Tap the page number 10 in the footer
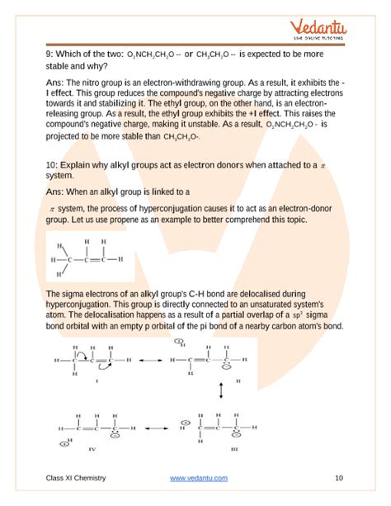(x=339, y=478)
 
